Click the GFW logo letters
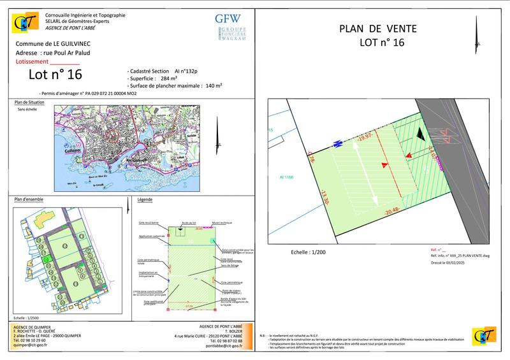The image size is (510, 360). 227,18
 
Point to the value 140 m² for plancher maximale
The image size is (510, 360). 212,85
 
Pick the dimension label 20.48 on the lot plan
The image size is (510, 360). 392,210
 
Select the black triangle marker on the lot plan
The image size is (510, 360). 420,133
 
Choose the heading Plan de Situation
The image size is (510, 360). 29,102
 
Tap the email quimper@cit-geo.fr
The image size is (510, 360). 34,347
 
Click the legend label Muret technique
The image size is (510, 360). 223,223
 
